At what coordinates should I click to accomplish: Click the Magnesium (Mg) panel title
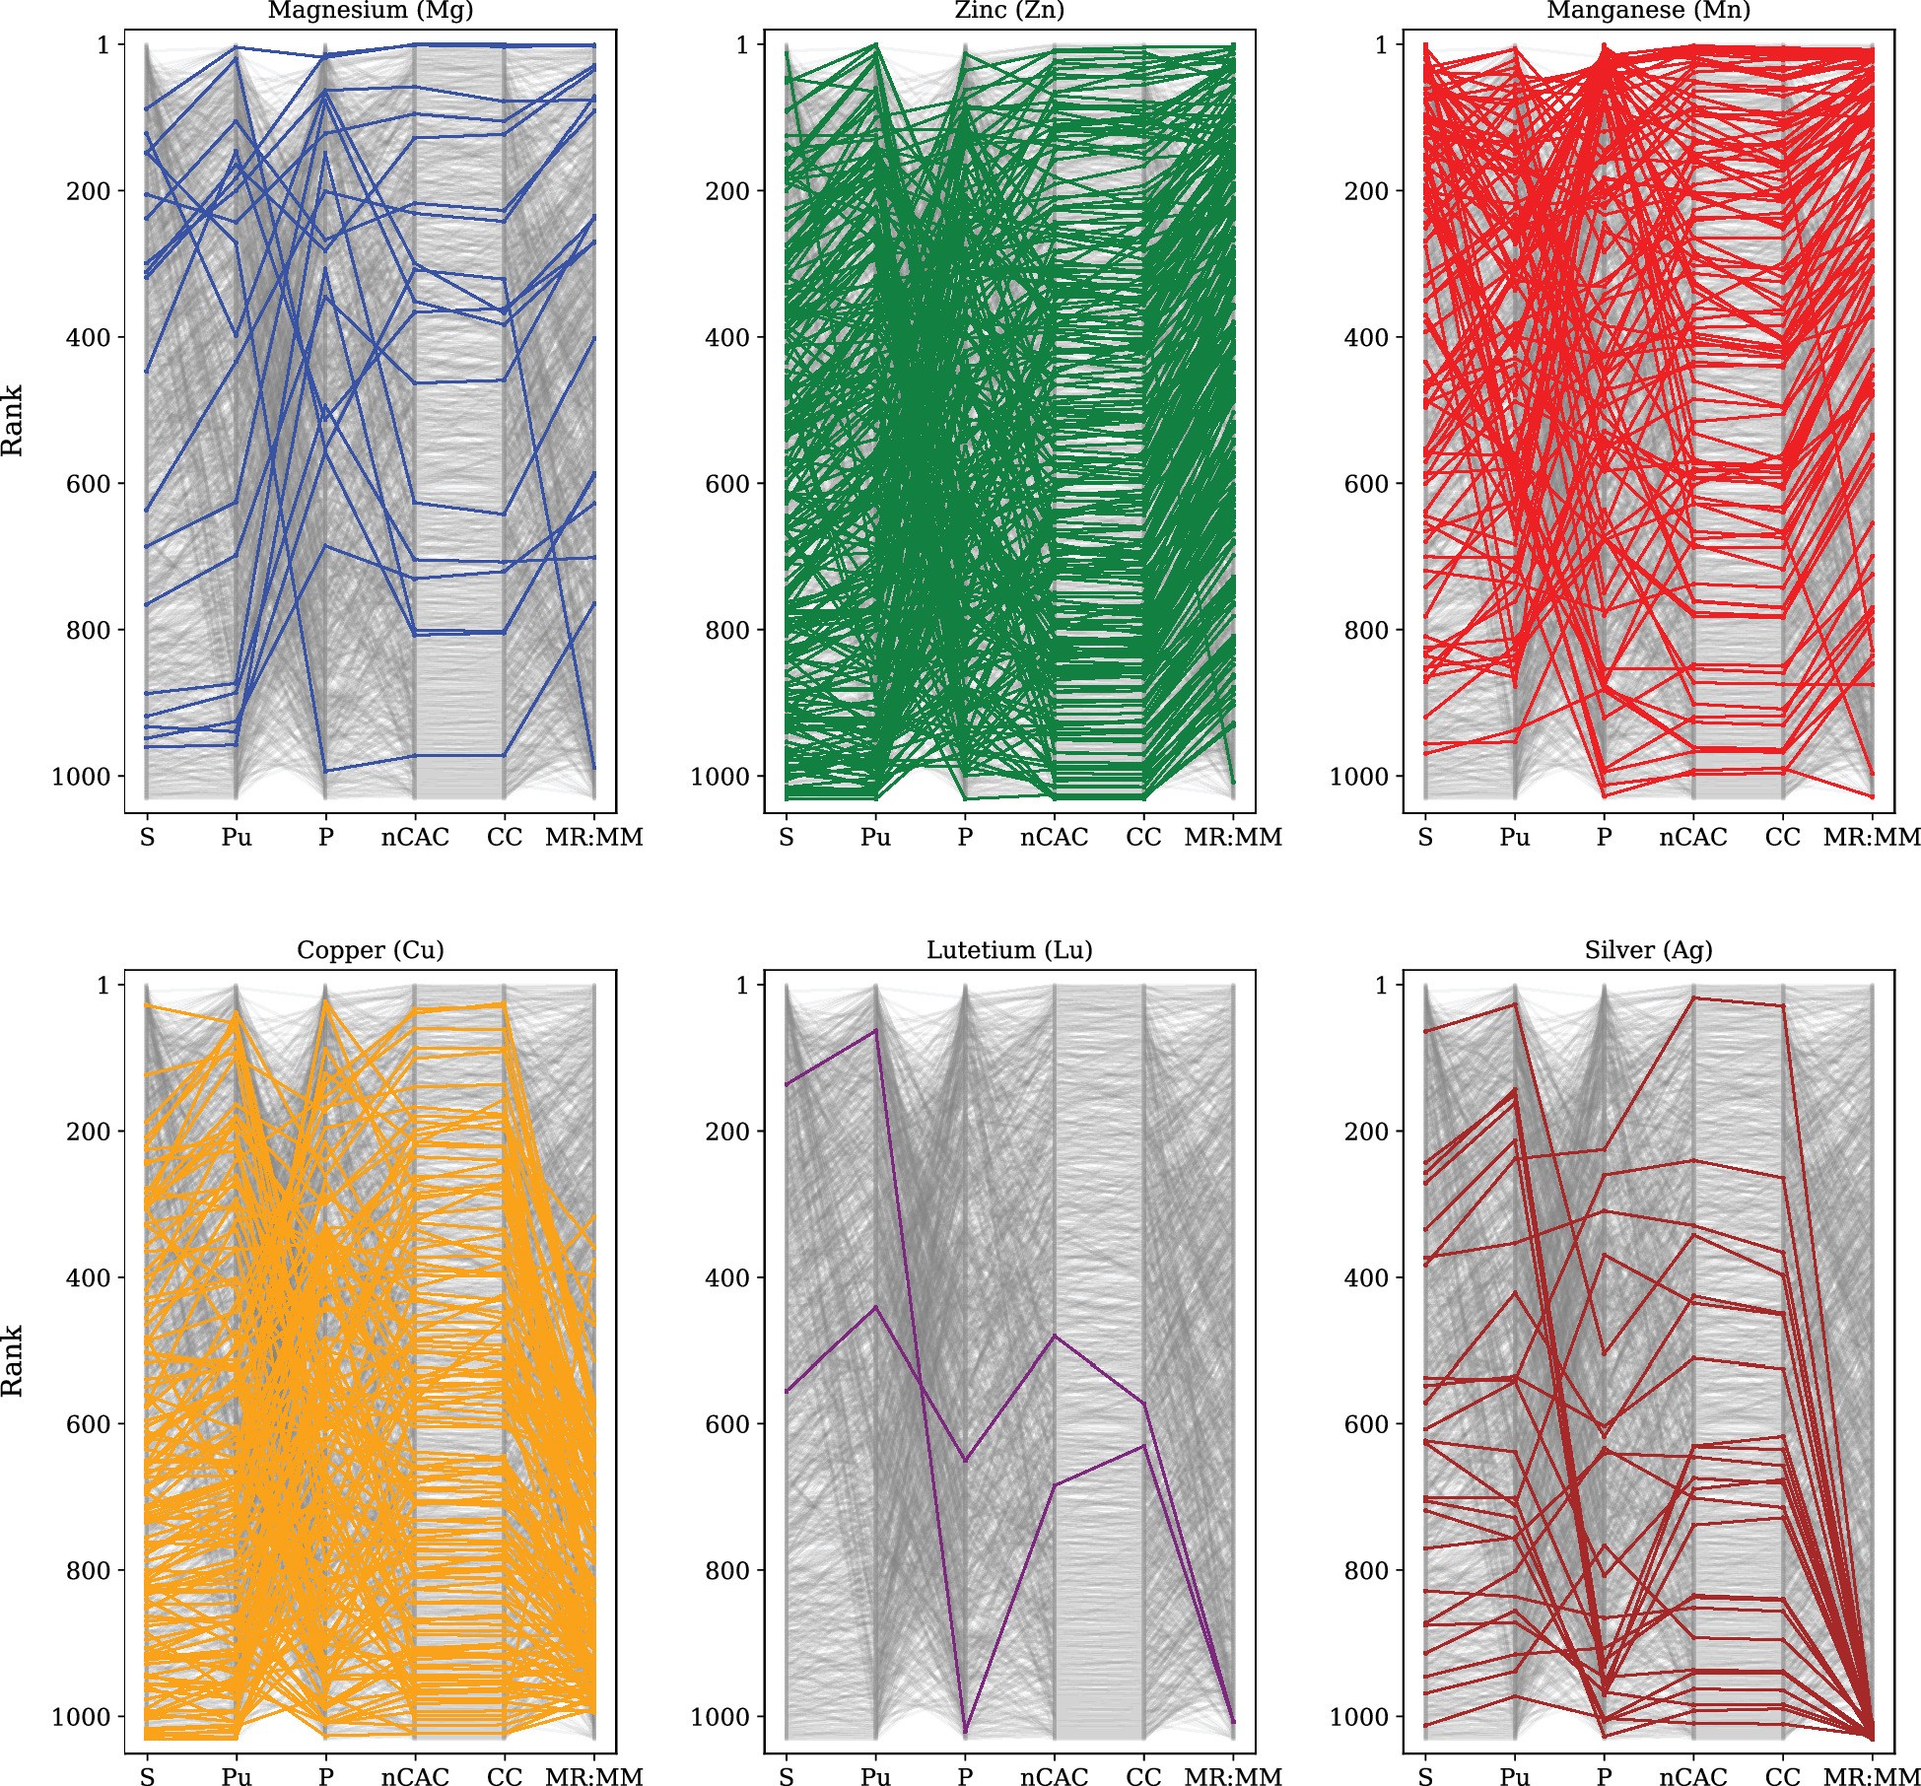click(371, 11)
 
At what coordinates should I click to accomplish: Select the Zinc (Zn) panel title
click(1009, 11)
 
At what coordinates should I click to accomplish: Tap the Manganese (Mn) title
click(1648, 11)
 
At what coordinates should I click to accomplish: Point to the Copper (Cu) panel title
click(371, 950)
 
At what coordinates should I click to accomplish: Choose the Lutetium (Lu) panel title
click(1009, 950)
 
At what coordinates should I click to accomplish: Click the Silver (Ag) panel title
click(1648, 950)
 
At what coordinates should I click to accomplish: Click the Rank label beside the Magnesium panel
click(12, 421)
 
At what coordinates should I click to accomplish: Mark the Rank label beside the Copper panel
click(12, 1361)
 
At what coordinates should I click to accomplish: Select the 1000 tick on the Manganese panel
click(1358, 777)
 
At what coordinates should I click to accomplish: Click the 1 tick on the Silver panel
click(1382, 986)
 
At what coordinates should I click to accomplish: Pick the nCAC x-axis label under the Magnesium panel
click(415, 838)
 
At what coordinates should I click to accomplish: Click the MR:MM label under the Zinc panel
click(1233, 838)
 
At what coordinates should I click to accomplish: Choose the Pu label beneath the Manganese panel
click(1515, 838)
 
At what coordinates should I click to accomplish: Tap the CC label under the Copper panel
click(505, 1776)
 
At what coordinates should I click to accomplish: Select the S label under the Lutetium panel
click(787, 1776)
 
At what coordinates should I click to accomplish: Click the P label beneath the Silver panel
click(1605, 1776)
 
